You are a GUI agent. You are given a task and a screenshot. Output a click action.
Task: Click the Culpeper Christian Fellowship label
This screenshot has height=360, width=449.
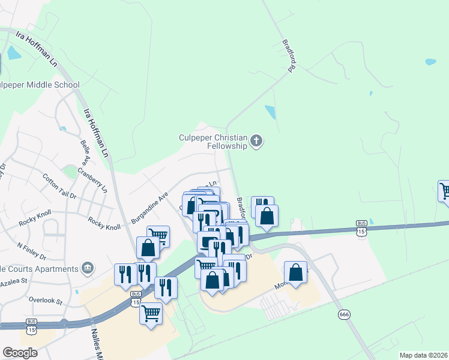click(x=213, y=142)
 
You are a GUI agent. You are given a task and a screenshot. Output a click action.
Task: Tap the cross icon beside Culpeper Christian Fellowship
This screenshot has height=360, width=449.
click(x=256, y=142)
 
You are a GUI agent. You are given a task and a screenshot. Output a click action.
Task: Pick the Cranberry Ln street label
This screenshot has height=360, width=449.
click(x=95, y=178)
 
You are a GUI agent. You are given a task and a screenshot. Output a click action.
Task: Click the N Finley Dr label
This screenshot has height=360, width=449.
click(x=32, y=250)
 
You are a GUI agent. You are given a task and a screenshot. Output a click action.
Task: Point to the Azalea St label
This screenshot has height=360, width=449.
click(x=14, y=281)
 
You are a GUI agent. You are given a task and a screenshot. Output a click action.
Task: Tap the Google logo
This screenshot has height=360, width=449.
click(x=20, y=353)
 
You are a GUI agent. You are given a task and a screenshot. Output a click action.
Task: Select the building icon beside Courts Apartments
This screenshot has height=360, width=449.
click(x=88, y=267)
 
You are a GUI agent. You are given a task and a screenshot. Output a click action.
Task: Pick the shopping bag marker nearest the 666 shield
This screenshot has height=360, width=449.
click(x=295, y=273)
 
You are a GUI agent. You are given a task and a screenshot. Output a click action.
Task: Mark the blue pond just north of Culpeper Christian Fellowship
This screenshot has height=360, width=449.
click(x=270, y=112)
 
